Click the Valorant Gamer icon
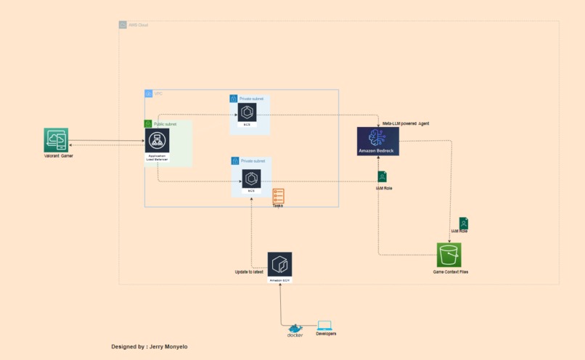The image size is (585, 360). click(x=56, y=140)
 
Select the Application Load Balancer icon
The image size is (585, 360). click(x=157, y=141)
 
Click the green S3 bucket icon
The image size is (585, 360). click(x=449, y=255)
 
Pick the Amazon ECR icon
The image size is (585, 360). click(x=279, y=266)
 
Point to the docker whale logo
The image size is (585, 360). click(x=295, y=328)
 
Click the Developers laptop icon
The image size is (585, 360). click(x=324, y=326)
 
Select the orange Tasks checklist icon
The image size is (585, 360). click(x=279, y=196)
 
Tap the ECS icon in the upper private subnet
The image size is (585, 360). click(x=247, y=112)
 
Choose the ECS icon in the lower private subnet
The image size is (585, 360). click(x=251, y=179)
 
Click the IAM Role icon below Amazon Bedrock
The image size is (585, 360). click(x=382, y=176)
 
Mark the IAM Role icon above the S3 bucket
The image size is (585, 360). click(x=463, y=224)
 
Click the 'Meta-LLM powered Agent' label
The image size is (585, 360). click(x=405, y=123)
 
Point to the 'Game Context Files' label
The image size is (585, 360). click(x=450, y=272)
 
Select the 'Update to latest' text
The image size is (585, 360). click(x=249, y=271)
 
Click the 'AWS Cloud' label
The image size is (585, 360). click(x=138, y=25)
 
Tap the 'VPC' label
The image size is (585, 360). click(x=158, y=94)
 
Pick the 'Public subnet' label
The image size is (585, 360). click(x=165, y=124)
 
